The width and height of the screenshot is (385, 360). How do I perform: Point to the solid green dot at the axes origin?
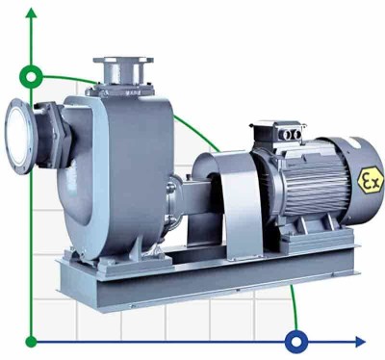pos(32,340)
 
